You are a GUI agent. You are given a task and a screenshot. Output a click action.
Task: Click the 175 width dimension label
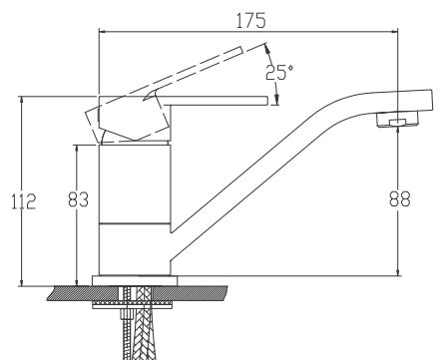click(x=251, y=21)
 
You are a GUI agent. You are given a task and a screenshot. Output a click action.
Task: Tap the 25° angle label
click(x=279, y=73)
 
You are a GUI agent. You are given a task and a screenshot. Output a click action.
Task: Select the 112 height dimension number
click(x=23, y=201)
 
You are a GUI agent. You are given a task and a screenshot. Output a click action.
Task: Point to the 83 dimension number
click(x=78, y=199)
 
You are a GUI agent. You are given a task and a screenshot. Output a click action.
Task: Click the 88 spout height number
click(x=399, y=198)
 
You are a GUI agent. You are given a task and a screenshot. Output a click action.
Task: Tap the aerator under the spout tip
click(x=397, y=120)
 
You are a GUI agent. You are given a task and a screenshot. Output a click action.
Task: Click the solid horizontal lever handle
click(x=218, y=101)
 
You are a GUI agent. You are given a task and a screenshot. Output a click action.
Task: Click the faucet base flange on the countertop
click(x=135, y=280)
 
